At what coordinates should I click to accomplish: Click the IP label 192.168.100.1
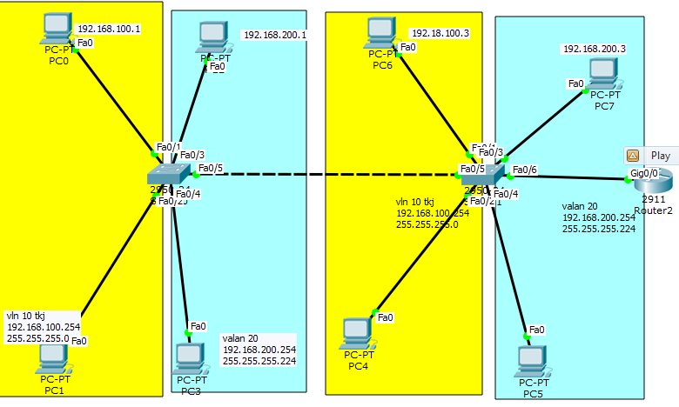pyautogui.click(x=109, y=29)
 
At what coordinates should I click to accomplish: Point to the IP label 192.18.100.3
pyautogui.click(x=440, y=33)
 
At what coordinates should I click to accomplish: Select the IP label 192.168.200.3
pyautogui.click(x=594, y=49)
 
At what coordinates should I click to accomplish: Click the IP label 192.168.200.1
pyautogui.click(x=275, y=35)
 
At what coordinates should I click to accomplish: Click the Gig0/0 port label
pyautogui.click(x=644, y=173)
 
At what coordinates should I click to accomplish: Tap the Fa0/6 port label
pyautogui.click(x=525, y=170)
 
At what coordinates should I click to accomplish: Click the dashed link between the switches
pyautogui.click(x=331, y=175)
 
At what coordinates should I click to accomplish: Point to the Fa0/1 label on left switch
pyautogui.click(x=168, y=147)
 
